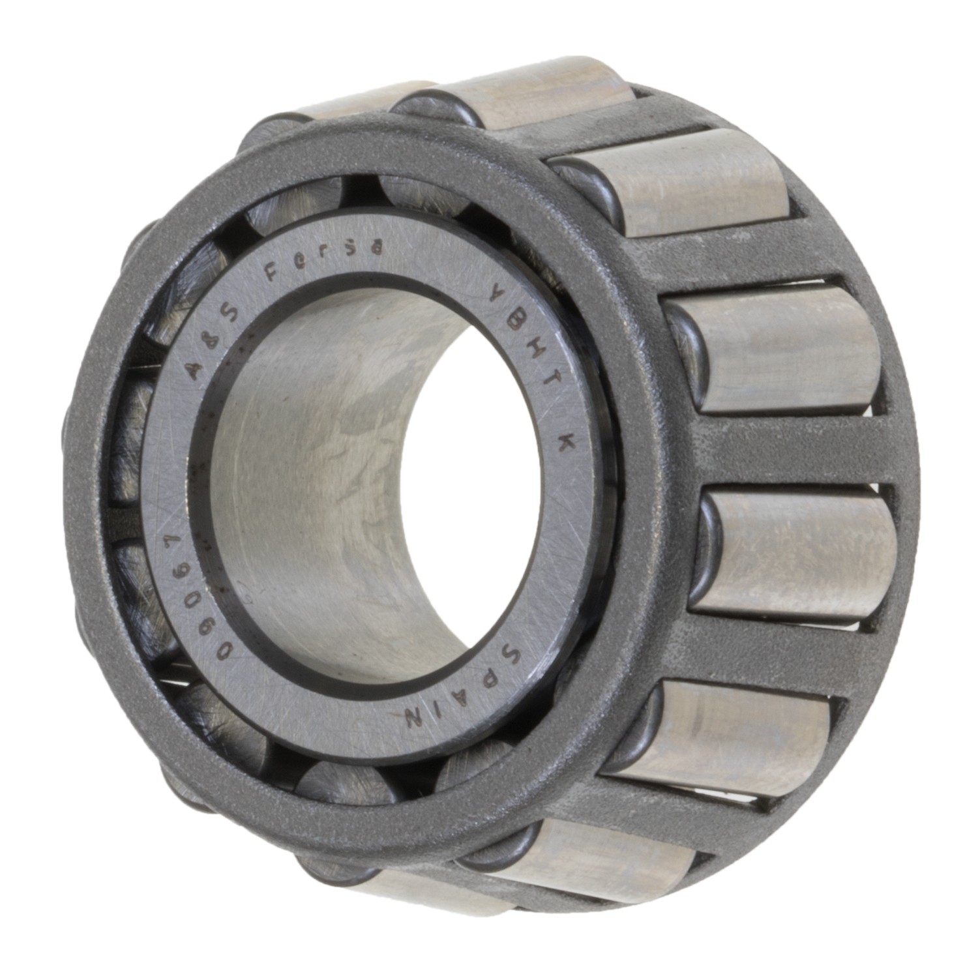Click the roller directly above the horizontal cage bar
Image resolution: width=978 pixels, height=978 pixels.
pyautogui.click(x=776, y=349)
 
